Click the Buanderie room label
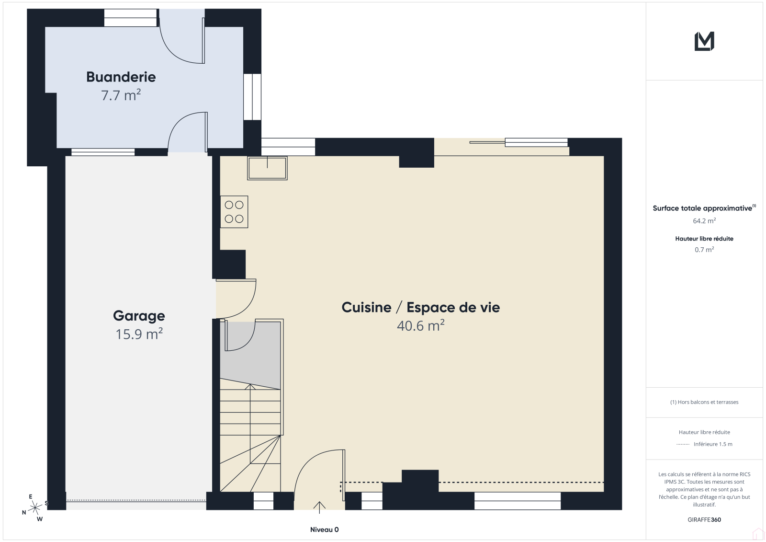pos(121,77)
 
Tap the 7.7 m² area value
pos(121,95)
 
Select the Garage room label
pos(139,316)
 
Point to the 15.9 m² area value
pos(139,334)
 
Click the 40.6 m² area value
pos(421,325)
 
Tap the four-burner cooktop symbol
pos(234,212)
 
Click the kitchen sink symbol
pos(268,168)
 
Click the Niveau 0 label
pos(324,530)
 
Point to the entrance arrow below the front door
pos(319,507)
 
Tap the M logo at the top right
pos(704,41)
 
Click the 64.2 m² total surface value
pos(704,221)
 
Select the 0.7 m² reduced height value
pos(704,250)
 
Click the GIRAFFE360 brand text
pos(704,520)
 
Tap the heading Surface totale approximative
pos(703,208)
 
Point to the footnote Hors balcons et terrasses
pos(704,402)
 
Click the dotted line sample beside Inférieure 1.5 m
pos(683,444)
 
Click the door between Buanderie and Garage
pos(188,132)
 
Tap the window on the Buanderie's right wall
pos(252,97)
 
